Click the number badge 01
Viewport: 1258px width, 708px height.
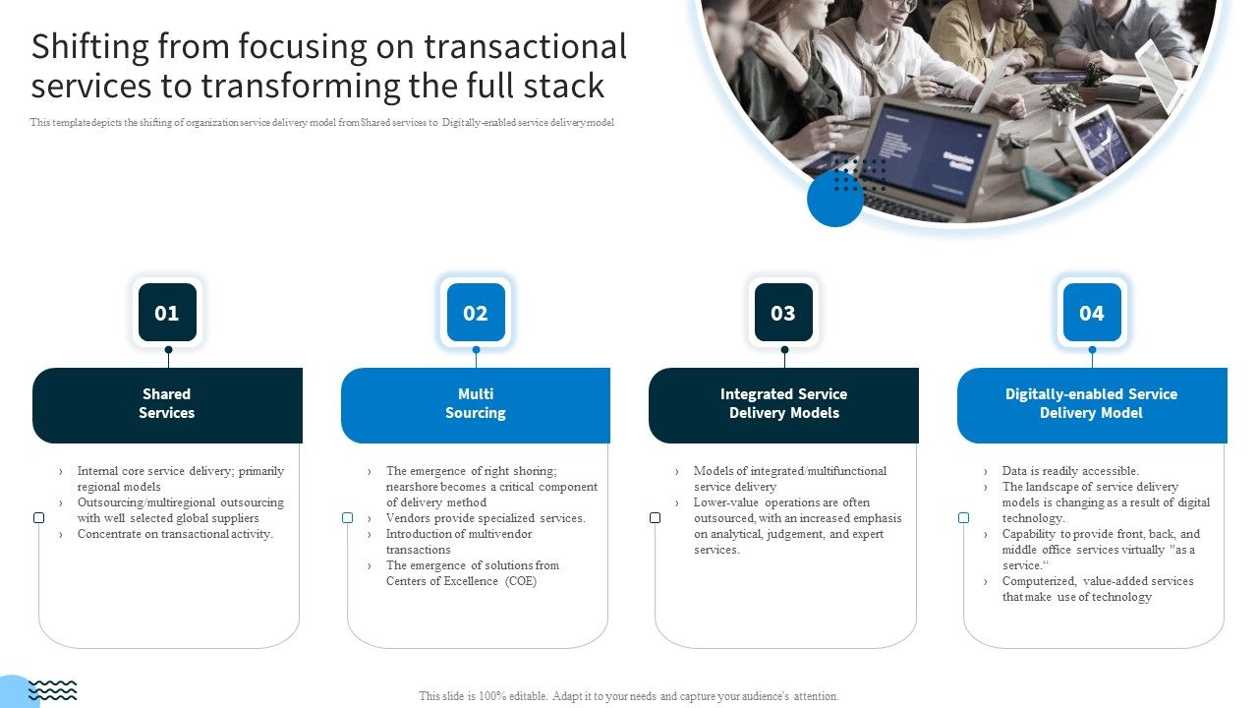167,313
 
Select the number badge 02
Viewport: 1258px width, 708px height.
476,313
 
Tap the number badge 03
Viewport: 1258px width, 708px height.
783,313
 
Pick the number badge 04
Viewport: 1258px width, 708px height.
1092,313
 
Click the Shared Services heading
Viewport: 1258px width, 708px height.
167,404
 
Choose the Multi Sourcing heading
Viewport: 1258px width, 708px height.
476,404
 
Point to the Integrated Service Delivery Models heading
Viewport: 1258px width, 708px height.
783,404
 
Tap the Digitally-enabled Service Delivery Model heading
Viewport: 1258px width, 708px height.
1091,404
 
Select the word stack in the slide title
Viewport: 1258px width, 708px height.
564,87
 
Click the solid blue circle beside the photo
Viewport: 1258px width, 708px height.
834,199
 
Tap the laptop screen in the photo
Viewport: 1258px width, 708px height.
910,153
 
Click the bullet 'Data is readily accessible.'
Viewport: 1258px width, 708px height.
1070,471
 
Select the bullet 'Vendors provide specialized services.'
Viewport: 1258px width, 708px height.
486,518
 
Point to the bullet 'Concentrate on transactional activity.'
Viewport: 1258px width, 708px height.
175,534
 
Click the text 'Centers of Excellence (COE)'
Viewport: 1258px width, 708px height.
461,581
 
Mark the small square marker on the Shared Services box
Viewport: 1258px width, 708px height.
39,518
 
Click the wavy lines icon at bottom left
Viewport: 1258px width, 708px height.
53,690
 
